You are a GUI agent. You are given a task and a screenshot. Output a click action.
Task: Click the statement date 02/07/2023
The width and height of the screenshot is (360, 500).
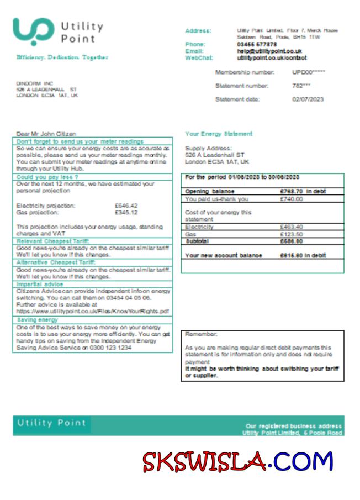(308, 99)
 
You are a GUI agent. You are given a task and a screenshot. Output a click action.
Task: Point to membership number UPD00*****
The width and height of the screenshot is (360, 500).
(309, 72)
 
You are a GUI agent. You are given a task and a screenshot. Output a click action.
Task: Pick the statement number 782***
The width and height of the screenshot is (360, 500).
(301, 86)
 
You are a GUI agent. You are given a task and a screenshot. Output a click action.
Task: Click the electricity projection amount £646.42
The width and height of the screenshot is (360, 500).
(126, 206)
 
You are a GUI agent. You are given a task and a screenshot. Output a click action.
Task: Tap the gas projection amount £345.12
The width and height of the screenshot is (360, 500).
(126, 212)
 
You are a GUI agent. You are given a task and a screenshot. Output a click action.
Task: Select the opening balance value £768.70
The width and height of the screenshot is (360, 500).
(291, 191)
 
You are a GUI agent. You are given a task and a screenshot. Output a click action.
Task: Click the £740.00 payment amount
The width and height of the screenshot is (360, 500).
(291, 199)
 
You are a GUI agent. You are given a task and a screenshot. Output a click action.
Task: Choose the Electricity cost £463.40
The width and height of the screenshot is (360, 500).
(291, 227)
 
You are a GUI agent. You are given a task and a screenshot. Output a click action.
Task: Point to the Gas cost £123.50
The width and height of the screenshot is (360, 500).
(291, 234)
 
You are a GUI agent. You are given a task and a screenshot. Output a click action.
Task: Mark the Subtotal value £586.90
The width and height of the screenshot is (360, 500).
(291, 241)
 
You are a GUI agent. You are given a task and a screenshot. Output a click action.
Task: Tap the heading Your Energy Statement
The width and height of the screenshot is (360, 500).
(219, 134)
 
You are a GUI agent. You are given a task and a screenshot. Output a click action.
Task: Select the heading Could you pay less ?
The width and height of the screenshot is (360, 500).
(43, 177)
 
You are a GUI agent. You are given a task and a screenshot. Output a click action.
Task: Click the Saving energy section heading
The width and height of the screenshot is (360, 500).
(38, 320)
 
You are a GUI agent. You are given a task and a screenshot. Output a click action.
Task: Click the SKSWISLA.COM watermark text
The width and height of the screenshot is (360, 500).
(238, 462)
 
